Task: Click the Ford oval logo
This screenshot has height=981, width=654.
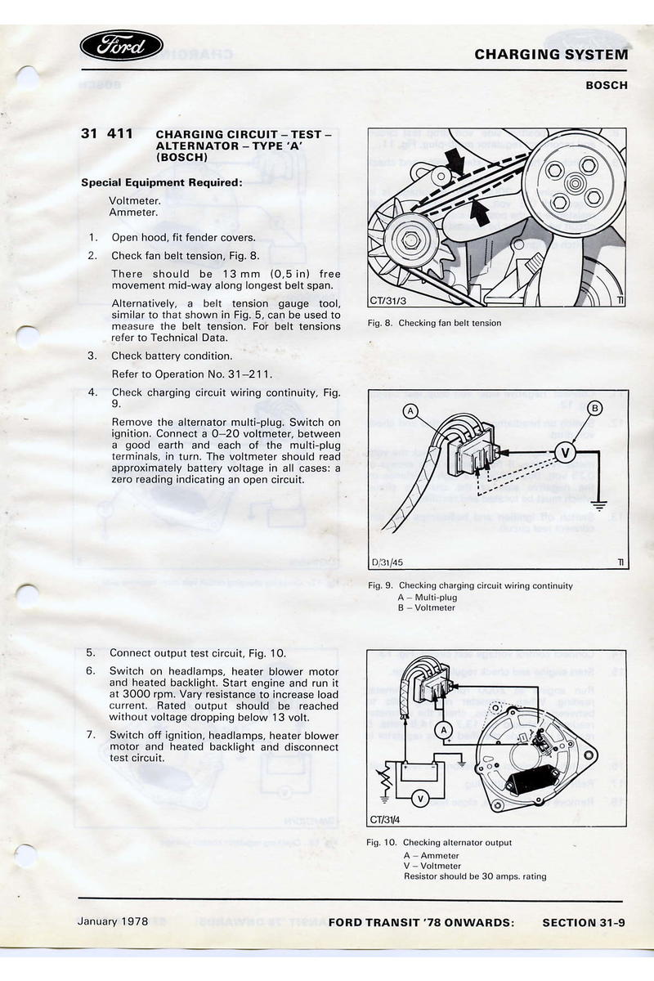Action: pos(122,46)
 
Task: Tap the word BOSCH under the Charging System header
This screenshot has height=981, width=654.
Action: pos(607,85)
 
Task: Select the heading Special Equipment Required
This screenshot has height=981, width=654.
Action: pos(162,183)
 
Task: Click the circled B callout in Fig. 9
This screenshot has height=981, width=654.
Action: pos(595,407)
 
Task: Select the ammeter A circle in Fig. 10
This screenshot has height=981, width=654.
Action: pos(443,729)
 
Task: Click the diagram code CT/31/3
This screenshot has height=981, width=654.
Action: pos(387,301)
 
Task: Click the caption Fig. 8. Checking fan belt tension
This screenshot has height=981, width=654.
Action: pos(434,324)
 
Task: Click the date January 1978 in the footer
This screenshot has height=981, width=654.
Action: pos(113,921)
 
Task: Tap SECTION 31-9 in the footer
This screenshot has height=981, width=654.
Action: pos(584,923)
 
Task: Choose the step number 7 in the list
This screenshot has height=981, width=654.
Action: pos(92,735)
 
